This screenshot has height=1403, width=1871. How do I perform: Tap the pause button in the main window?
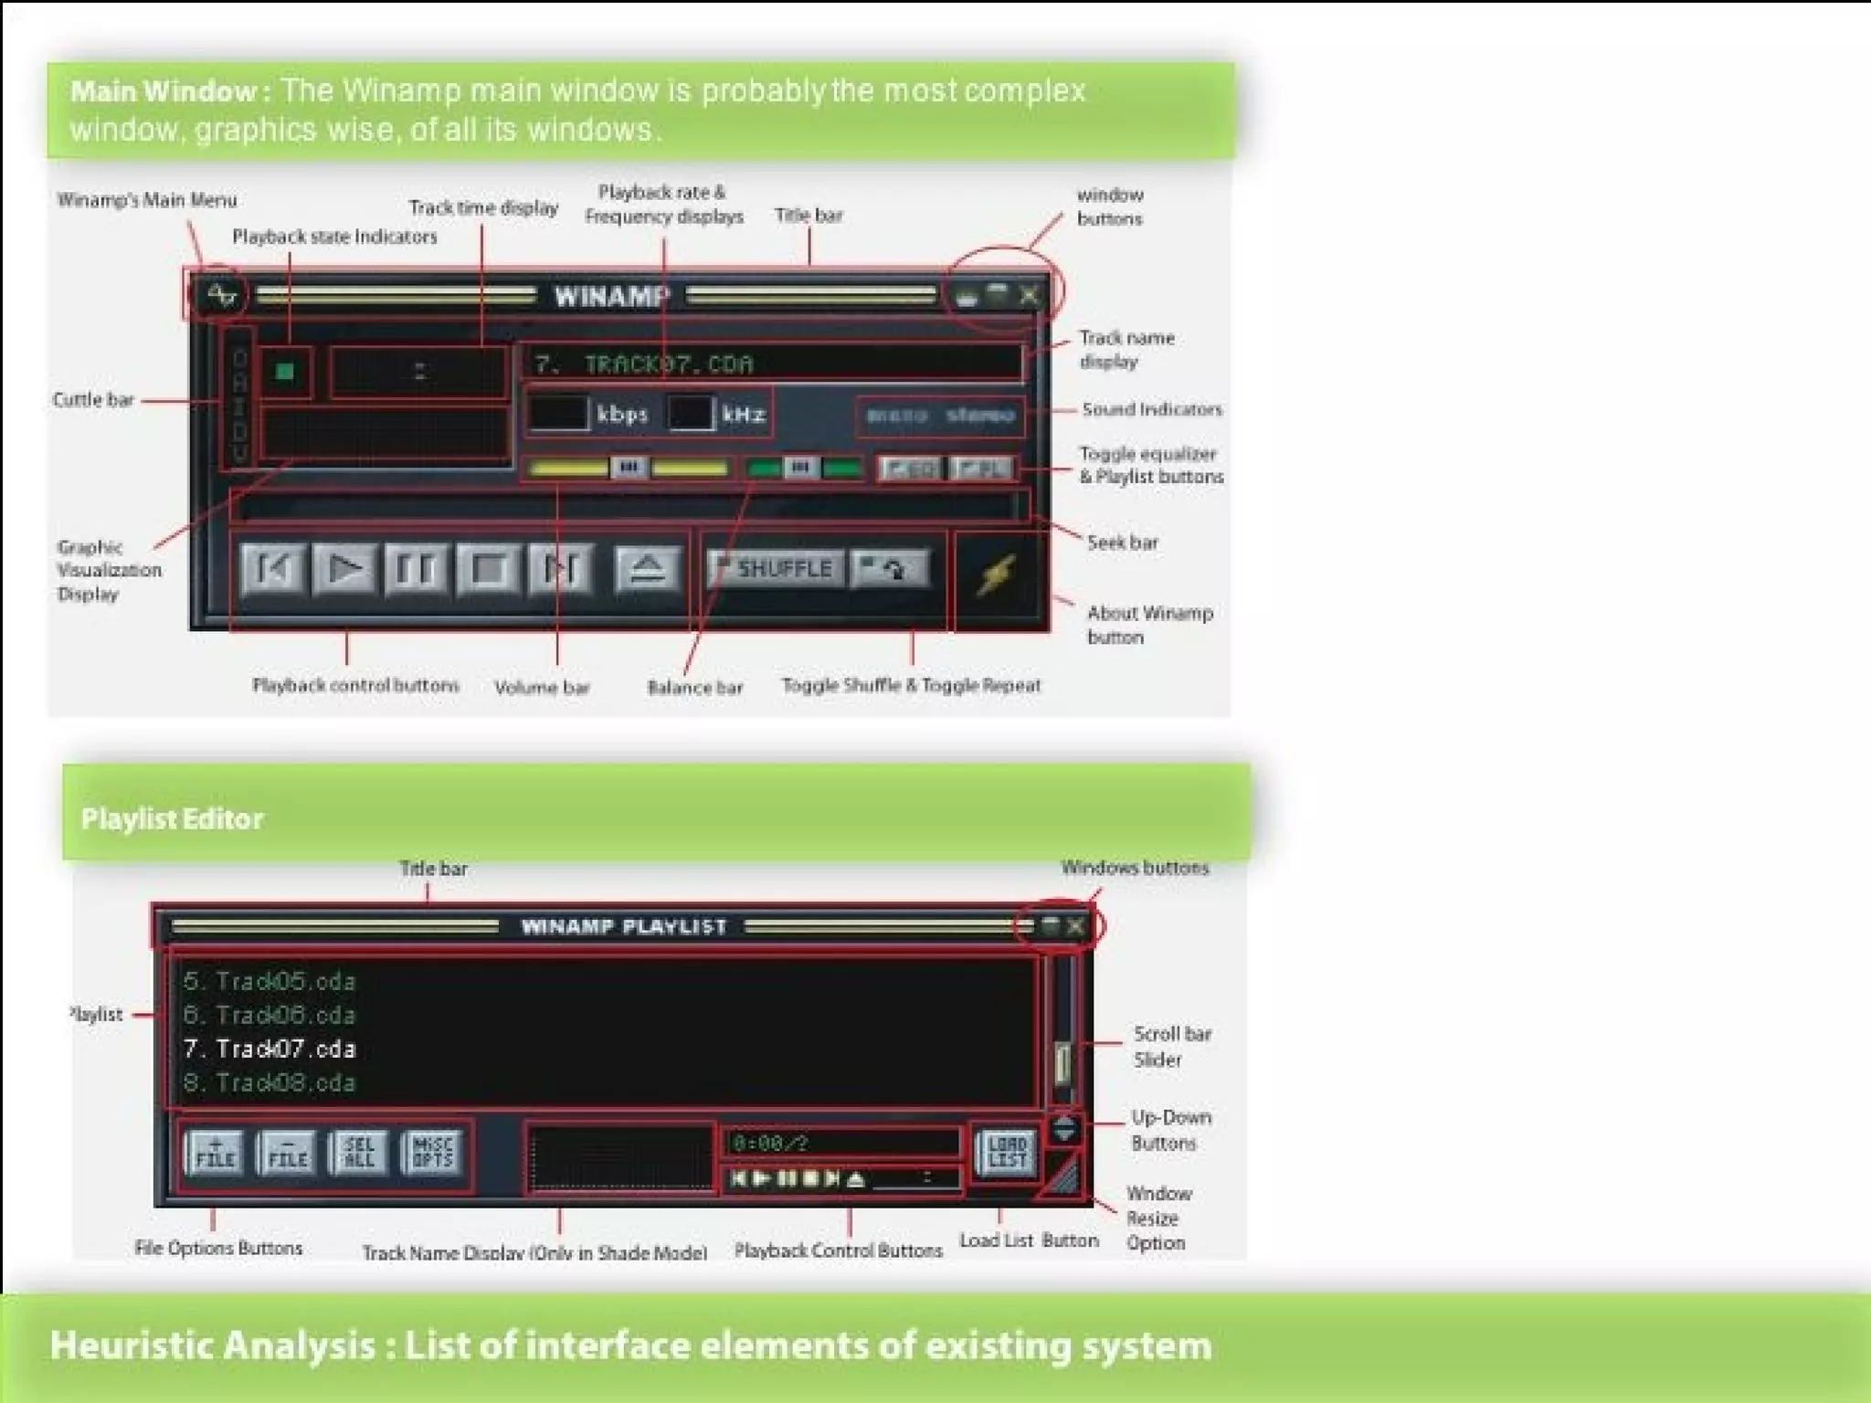[417, 569]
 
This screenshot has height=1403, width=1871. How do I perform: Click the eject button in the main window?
[648, 569]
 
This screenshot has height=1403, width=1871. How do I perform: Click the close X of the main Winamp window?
[1030, 295]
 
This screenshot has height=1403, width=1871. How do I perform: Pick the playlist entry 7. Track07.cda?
[270, 1049]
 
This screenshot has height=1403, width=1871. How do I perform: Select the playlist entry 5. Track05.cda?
[270, 981]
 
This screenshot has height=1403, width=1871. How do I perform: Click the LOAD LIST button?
[1007, 1152]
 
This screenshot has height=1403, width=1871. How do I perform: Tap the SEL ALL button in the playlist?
[359, 1152]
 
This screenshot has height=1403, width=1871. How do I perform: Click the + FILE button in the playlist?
[215, 1152]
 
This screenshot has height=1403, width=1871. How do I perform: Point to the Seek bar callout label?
[1122, 543]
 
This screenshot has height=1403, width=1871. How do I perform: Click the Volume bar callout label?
[542, 688]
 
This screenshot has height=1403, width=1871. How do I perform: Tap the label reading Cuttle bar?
[93, 400]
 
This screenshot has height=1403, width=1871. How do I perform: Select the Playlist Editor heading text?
[172, 818]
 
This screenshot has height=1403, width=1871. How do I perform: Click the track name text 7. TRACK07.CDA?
[644, 364]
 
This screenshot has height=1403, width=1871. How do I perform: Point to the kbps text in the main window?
[622, 415]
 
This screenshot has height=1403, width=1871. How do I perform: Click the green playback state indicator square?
[286, 371]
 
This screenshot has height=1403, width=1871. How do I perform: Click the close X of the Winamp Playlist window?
[1076, 926]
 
